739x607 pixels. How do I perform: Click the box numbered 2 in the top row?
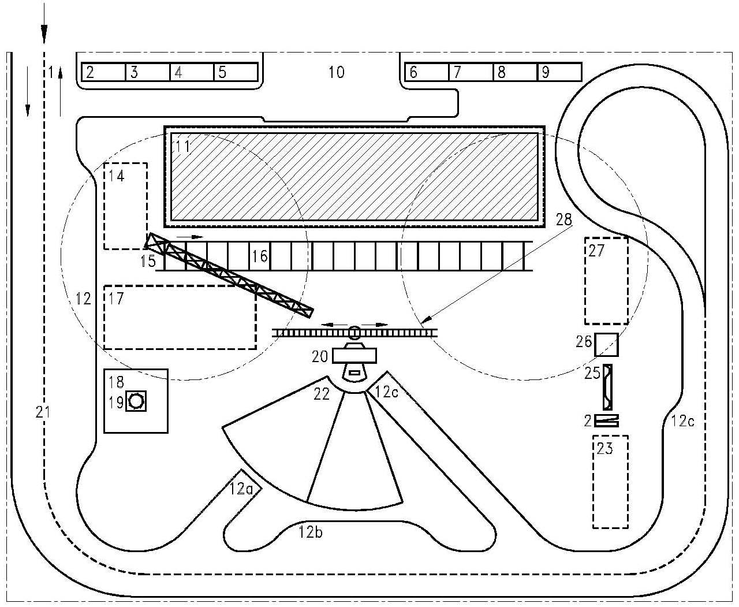(x=103, y=72)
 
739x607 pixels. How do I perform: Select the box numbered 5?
(x=236, y=72)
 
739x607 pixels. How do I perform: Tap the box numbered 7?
(x=471, y=72)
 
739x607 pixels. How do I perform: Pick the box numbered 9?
(x=559, y=72)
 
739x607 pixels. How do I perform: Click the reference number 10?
(x=337, y=72)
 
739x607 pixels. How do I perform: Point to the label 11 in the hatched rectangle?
(x=183, y=146)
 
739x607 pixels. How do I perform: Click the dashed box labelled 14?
(x=125, y=206)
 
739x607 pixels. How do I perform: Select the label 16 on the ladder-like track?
(x=260, y=255)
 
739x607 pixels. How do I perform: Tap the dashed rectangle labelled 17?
(x=180, y=316)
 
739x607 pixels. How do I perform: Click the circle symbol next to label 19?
(x=137, y=400)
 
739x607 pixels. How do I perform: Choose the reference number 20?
(x=320, y=357)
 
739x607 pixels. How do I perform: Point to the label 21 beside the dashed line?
(x=42, y=412)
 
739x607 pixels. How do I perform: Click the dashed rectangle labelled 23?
(x=610, y=482)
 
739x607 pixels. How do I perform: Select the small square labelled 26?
(x=606, y=345)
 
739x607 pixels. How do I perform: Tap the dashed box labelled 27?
(x=606, y=280)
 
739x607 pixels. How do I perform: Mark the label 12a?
(x=240, y=489)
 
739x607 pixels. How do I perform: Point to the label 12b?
(x=311, y=532)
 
